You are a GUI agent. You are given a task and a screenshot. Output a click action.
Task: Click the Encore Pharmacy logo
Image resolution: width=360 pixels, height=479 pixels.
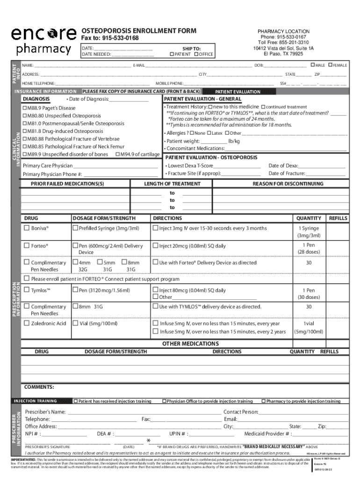click(44, 41)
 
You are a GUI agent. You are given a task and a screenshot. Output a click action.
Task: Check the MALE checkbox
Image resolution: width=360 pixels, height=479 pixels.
click(312, 65)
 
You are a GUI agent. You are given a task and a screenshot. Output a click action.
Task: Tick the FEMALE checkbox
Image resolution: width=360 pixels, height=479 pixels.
click(331, 65)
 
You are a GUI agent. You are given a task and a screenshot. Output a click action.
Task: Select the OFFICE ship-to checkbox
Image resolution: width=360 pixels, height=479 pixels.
click(196, 54)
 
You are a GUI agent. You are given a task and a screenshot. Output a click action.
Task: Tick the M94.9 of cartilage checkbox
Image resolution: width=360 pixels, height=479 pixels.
click(118, 154)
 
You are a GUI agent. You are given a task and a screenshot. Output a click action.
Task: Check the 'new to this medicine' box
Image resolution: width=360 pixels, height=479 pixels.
click(210, 107)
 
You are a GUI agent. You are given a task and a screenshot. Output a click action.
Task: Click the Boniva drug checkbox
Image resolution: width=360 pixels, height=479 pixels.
click(27, 228)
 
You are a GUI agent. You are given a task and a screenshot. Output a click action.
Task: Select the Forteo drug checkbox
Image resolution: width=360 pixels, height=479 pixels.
click(27, 246)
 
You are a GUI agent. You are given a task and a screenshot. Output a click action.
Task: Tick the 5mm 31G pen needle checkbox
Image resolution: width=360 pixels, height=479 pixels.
click(99, 263)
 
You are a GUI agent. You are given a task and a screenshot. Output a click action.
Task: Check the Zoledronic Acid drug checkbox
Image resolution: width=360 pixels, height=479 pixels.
click(27, 323)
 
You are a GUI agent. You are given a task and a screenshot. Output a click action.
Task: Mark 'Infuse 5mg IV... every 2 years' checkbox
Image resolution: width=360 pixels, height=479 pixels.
click(156, 332)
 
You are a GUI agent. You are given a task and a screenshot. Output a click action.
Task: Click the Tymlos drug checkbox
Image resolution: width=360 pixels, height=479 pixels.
click(27, 290)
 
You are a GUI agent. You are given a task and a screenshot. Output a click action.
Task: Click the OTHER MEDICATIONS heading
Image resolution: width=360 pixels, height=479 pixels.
click(184, 344)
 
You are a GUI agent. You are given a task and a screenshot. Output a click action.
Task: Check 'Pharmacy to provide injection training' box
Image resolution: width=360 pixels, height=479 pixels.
click(263, 401)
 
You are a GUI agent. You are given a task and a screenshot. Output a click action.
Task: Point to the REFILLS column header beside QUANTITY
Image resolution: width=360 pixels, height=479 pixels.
click(338, 218)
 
